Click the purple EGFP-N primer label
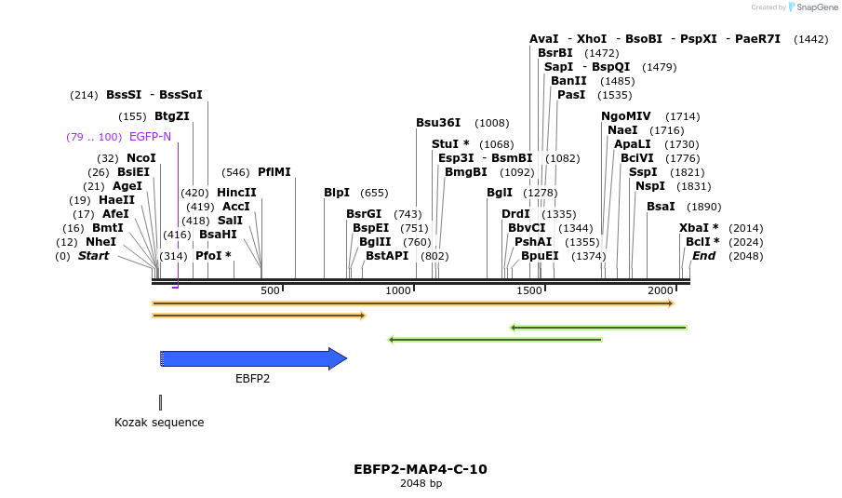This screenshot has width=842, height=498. [x=150, y=137]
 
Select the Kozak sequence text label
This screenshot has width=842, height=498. [x=159, y=423]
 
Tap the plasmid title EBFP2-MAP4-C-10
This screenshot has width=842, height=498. [x=420, y=469]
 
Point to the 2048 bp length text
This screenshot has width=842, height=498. [x=421, y=483]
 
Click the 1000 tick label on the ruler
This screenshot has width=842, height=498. [x=398, y=291]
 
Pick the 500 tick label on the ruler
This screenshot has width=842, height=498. [x=270, y=291]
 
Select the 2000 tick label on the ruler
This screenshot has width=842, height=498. [x=660, y=291]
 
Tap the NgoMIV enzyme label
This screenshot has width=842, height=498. [x=625, y=116]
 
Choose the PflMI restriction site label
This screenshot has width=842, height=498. [x=274, y=172]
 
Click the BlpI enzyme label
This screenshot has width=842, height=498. [x=337, y=193]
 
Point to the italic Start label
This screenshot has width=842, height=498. [x=93, y=256]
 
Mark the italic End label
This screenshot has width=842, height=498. [x=703, y=256]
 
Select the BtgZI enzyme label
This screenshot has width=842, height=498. [x=172, y=116]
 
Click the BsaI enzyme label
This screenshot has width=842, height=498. [x=660, y=207]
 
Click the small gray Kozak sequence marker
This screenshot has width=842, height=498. [x=160, y=402]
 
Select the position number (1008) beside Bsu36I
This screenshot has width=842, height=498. [x=491, y=123]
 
